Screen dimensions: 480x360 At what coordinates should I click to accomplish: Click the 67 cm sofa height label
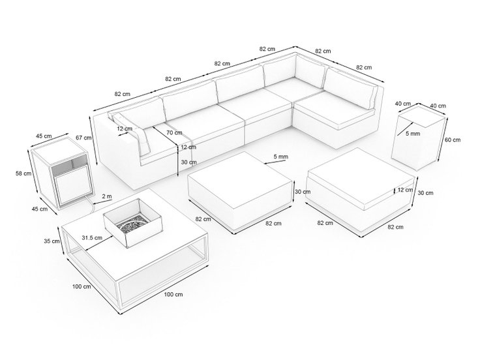point(83,138)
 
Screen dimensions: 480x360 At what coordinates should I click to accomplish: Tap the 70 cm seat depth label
point(174,132)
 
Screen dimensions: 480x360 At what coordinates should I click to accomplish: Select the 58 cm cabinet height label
point(23,173)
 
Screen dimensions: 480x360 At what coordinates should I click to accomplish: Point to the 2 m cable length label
point(107,196)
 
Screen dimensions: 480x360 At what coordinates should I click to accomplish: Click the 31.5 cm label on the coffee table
point(92,237)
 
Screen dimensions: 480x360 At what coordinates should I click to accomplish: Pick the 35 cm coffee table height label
point(52,241)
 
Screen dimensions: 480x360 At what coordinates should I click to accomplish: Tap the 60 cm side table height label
point(453,140)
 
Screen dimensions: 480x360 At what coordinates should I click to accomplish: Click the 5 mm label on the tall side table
point(413,134)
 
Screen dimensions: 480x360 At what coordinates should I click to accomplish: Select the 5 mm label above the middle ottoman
point(280,157)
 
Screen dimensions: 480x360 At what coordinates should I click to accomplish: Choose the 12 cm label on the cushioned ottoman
point(405,190)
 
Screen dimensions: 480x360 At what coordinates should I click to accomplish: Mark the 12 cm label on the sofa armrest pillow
point(125,128)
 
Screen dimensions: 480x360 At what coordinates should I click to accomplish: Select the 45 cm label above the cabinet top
point(44,136)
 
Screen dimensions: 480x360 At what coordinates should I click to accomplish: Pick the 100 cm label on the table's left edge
point(82,286)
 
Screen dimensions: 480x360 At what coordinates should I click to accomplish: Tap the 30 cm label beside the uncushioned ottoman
point(303,192)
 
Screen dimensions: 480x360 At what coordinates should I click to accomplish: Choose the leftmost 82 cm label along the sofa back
point(123,94)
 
